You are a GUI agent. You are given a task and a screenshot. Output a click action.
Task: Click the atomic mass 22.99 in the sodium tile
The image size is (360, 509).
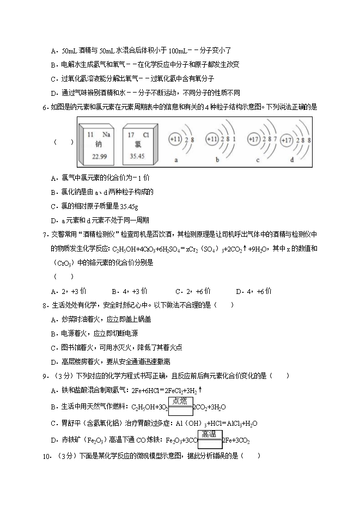pos(99,156)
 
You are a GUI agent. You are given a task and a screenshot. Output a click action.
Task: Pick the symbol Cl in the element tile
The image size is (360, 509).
pos(145,133)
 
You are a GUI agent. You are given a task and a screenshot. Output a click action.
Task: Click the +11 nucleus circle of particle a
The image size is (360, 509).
pos(175,140)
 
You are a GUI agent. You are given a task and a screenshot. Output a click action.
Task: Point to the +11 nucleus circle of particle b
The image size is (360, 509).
pos(213,140)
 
